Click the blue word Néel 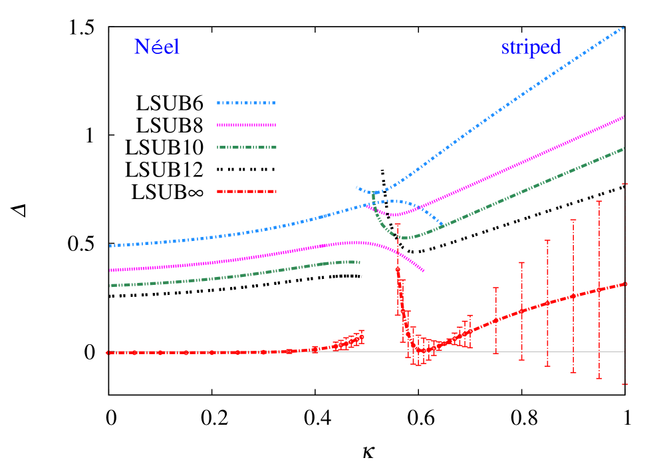(157, 47)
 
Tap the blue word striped (531, 47)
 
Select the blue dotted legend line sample (246, 103)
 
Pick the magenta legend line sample (246, 124)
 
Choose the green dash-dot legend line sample (246, 147)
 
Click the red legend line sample (246, 191)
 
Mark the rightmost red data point (625, 284)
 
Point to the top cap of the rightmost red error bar (625, 183)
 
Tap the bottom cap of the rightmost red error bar (625, 384)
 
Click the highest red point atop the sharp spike (398, 270)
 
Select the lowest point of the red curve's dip (420, 350)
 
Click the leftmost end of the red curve (108, 353)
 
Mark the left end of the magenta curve (110, 270)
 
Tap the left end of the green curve (110, 286)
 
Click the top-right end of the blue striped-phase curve (624, 27)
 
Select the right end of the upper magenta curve (624, 116)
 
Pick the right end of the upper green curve (624, 148)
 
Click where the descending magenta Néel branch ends (424, 271)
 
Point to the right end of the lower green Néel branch (359, 262)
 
